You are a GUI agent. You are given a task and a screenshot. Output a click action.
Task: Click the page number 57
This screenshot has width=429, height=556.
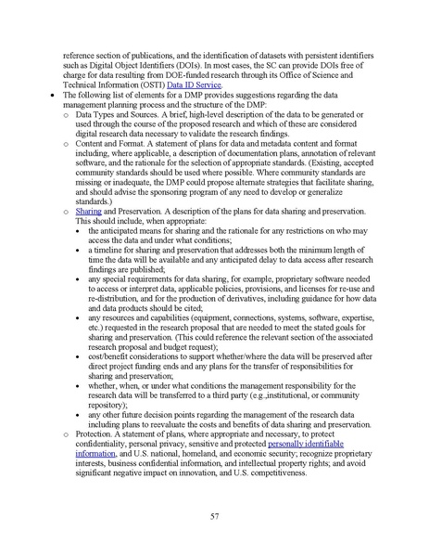(x=214, y=515)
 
